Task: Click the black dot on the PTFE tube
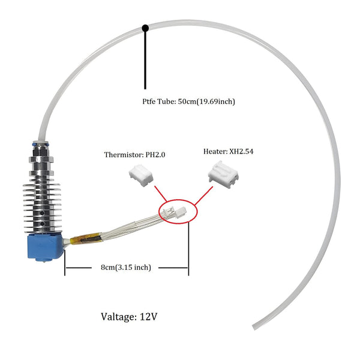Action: [x=145, y=28]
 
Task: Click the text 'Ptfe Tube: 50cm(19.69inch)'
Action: [x=188, y=101]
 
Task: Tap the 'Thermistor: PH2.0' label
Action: [x=135, y=155]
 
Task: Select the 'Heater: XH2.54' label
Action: [x=229, y=152]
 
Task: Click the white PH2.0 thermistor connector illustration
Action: [x=141, y=175]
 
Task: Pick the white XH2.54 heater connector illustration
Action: [x=223, y=174]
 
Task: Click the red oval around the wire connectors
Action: [x=178, y=211]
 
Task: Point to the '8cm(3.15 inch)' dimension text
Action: [x=126, y=267]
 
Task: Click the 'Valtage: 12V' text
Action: [x=129, y=317]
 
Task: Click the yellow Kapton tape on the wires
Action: [x=86, y=239]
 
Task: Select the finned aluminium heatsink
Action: [x=43, y=205]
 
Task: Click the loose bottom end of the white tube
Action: [x=254, y=327]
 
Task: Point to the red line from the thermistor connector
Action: [x=160, y=194]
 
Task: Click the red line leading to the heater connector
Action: [x=203, y=196]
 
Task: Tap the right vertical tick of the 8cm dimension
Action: [x=188, y=248]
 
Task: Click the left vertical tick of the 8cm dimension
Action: [x=65, y=262]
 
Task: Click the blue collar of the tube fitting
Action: [x=41, y=145]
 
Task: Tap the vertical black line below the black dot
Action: [x=145, y=60]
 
